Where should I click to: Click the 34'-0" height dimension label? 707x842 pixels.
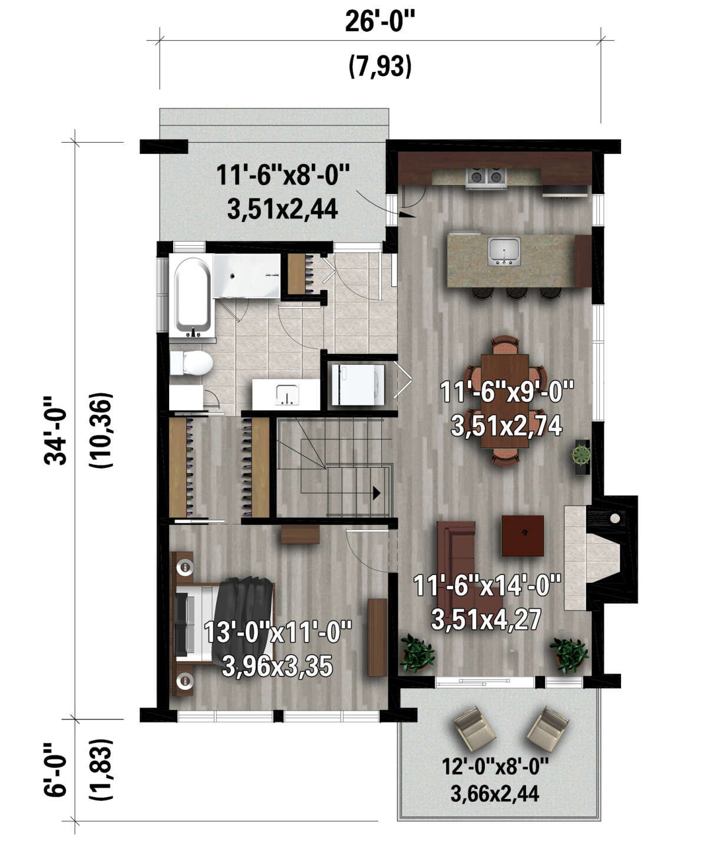click(x=56, y=430)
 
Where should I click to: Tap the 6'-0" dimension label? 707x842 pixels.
click(x=56, y=770)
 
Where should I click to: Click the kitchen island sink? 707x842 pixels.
click(x=504, y=252)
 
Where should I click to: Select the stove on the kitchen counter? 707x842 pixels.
click(x=486, y=177)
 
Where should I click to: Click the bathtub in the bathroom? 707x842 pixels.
click(x=191, y=295)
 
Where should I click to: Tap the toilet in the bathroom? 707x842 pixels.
click(x=191, y=363)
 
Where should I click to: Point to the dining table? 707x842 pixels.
click(x=504, y=401)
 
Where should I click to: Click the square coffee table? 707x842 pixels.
click(x=523, y=536)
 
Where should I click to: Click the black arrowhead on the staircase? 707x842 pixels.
click(x=376, y=493)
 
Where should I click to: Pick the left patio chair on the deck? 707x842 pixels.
click(x=475, y=728)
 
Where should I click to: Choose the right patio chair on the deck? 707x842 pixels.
click(x=548, y=728)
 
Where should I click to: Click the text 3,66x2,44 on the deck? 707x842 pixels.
click(x=495, y=794)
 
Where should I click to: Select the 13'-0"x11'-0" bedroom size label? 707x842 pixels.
click(x=277, y=634)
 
